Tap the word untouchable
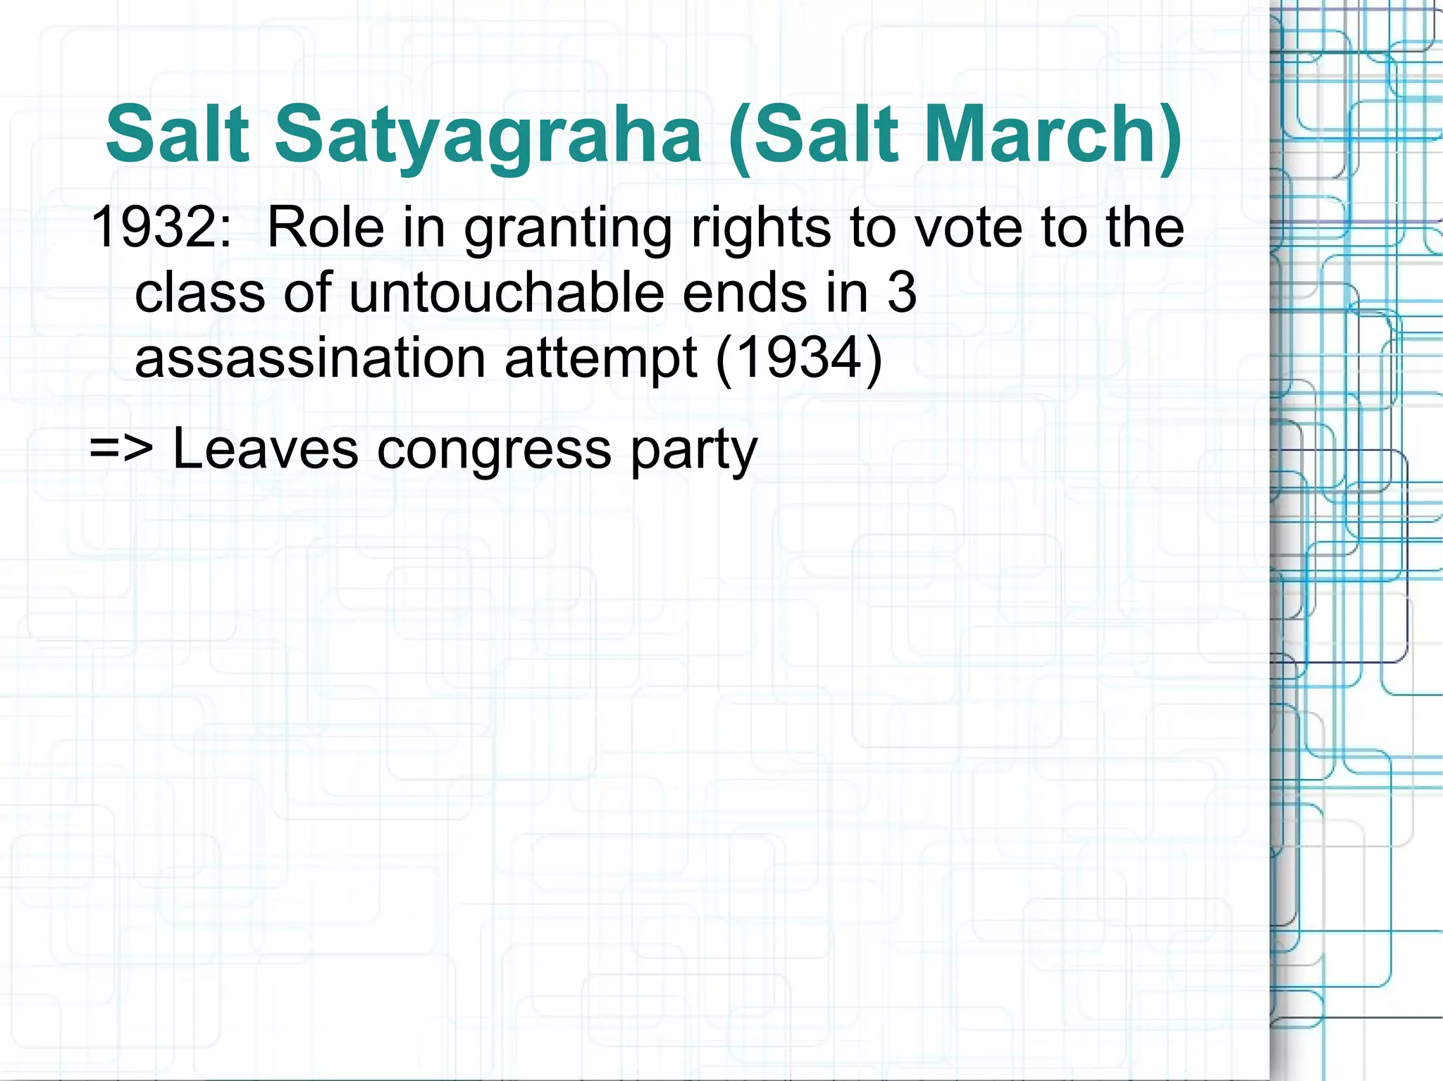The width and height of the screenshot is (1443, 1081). click(506, 292)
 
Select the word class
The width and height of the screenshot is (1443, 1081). click(200, 292)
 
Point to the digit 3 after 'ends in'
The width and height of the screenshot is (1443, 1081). click(901, 292)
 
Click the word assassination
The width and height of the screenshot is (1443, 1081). click(310, 358)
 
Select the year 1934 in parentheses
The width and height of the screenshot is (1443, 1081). click(798, 358)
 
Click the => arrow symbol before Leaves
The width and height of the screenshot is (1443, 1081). click(121, 448)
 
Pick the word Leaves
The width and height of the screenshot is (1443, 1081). click(265, 448)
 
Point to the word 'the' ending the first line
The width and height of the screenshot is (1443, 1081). click(1145, 227)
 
